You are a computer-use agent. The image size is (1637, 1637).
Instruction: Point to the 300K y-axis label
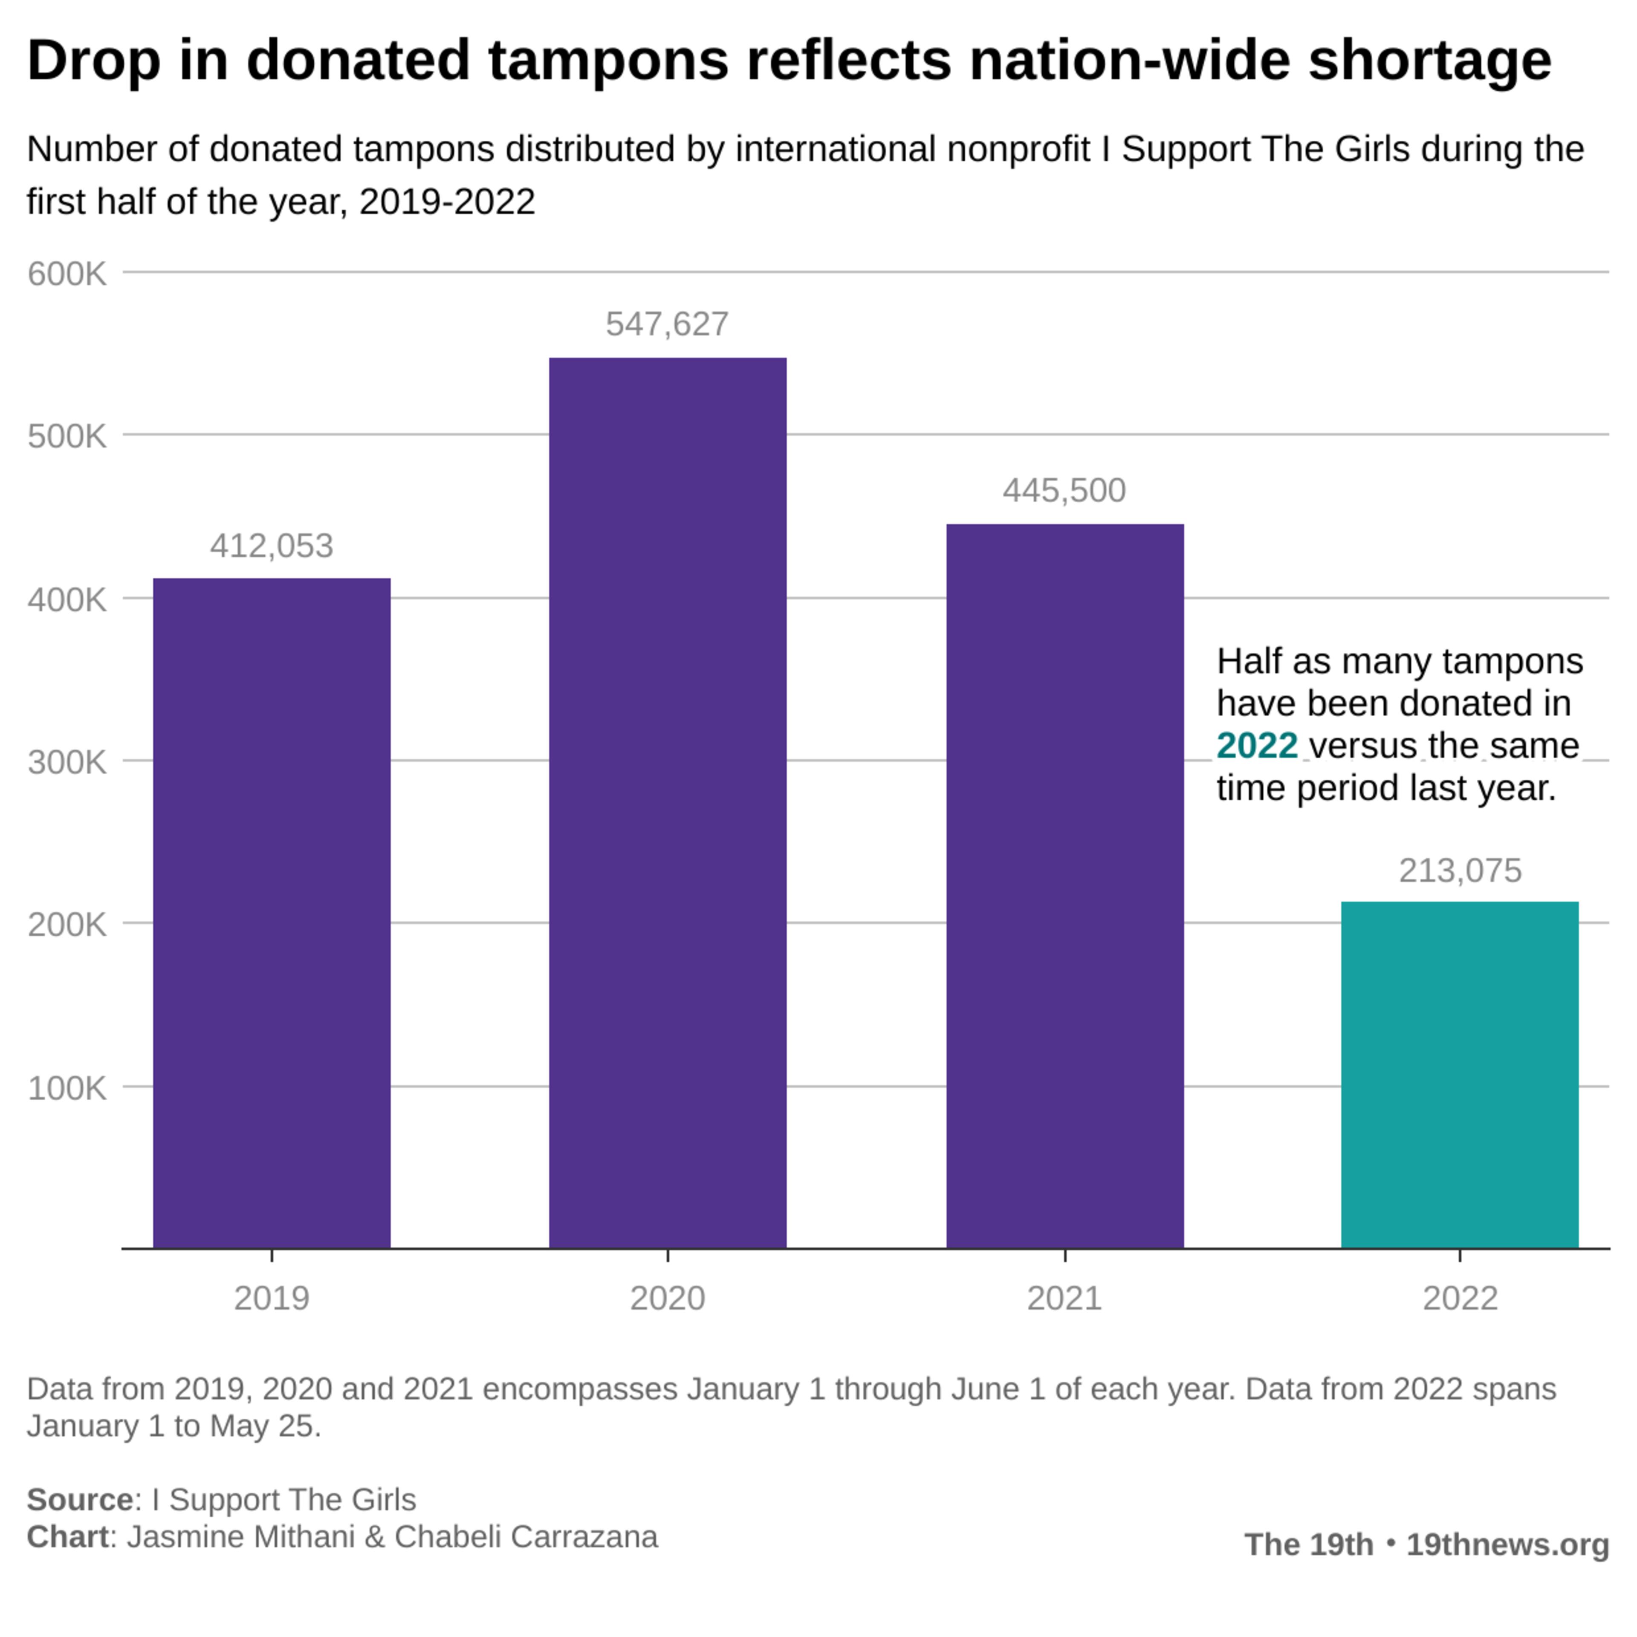pyautogui.click(x=67, y=762)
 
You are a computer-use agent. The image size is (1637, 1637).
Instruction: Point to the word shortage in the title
pyautogui.click(x=1429, y=61)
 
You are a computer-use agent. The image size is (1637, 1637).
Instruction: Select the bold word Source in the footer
pyautogui.click(x=79, y=1500)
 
